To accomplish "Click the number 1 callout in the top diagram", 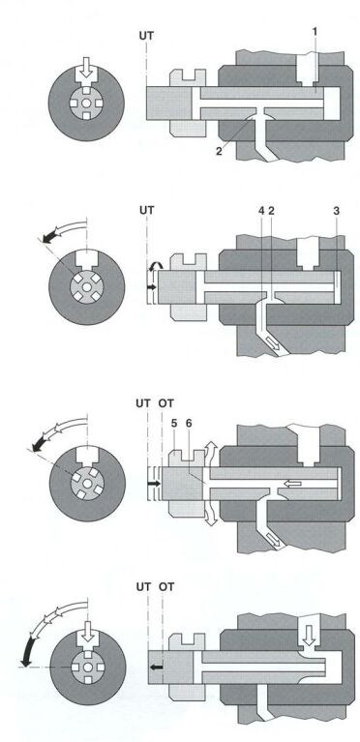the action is (x=315, y=31).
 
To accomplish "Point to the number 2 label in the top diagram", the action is (x=219, y=152).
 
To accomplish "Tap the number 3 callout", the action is (x=336, y=211).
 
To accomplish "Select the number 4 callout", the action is (x=261, y=211).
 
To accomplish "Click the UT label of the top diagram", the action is (x=147, y=35).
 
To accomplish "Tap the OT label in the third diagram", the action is (x=166, y=403).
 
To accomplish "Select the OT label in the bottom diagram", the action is (x=166, y=587).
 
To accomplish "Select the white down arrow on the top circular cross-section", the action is (x=86, y=68).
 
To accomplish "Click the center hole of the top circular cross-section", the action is (x=86, y=104).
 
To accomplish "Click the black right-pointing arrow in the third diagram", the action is (x=154, y=484).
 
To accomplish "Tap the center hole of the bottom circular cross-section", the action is (x=88, y=667).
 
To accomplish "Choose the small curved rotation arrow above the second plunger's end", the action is (x=153, y=268).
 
